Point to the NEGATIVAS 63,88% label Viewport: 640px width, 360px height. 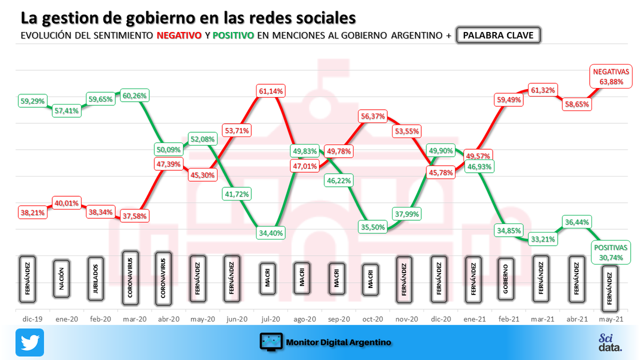click(x=611, y=76)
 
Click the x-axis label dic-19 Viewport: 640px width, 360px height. click(x=33, y=319)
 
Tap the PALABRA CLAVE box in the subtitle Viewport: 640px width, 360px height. click(x=499, y=36)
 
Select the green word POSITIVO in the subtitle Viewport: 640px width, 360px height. click(x=233, y=36)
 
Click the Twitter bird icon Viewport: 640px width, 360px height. click(x=29, y=342)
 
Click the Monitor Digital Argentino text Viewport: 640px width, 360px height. click(x=338, y=342)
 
